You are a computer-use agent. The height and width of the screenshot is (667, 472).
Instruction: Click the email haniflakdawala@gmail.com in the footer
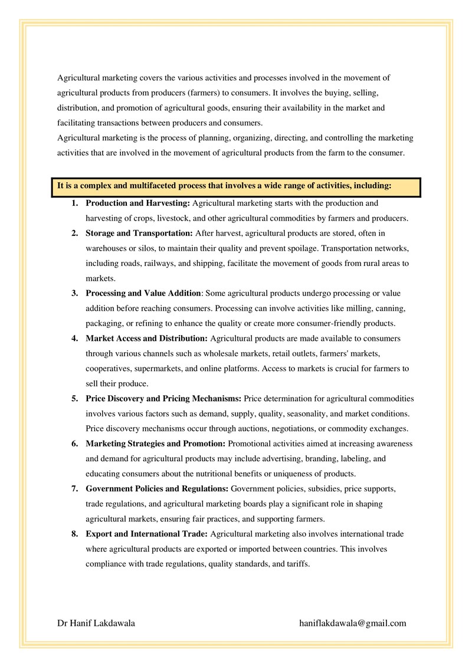353,623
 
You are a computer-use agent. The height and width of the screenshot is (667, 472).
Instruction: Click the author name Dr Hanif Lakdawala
96,623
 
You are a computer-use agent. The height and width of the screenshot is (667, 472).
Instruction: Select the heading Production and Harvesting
137,203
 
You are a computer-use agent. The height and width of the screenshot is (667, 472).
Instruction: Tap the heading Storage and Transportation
139,233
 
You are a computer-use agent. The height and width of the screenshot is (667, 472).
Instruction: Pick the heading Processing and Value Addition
143,293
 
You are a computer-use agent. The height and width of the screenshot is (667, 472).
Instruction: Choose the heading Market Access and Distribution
146,339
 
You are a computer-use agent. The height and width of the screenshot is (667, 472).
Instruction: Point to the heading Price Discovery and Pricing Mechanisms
163,399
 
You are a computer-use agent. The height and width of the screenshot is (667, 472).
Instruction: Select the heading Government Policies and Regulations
157,489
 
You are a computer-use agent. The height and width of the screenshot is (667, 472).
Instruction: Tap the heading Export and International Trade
146,534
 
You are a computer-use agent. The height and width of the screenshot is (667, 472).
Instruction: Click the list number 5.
75,399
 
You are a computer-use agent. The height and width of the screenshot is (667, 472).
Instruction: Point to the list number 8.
75,534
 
